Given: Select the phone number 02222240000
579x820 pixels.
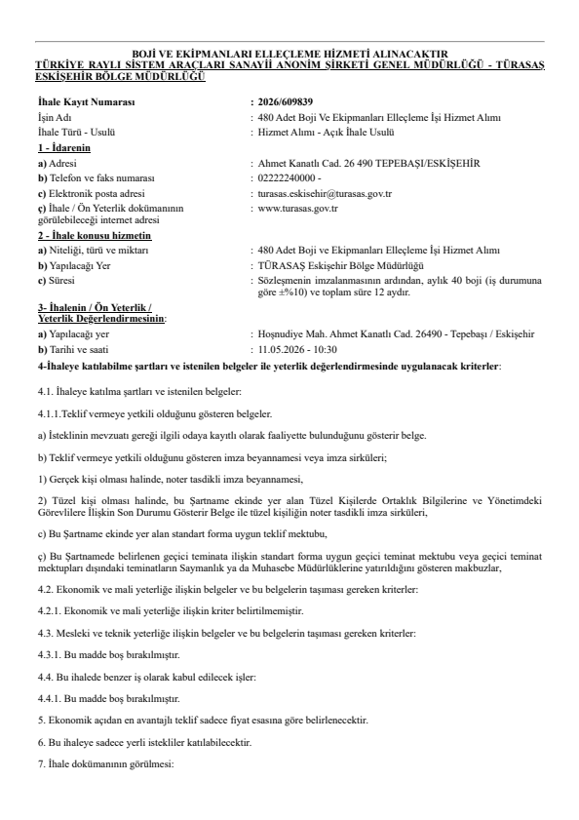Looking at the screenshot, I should (x=288, y=179).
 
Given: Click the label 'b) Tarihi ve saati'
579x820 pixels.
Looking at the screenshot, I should (x=76, y=347).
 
